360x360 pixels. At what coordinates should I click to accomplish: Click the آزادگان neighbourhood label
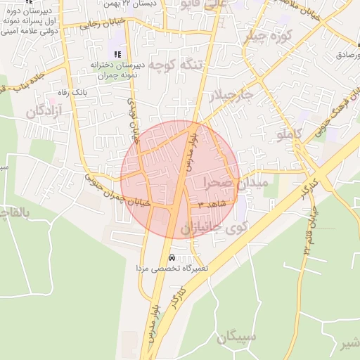(45, 110)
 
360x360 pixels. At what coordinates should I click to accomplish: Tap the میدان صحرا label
(236, 183)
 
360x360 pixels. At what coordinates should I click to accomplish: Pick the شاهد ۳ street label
(211, 203)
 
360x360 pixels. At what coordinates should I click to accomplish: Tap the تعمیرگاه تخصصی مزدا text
(172, 269)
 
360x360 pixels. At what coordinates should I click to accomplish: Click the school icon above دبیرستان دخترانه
(117, 54)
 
